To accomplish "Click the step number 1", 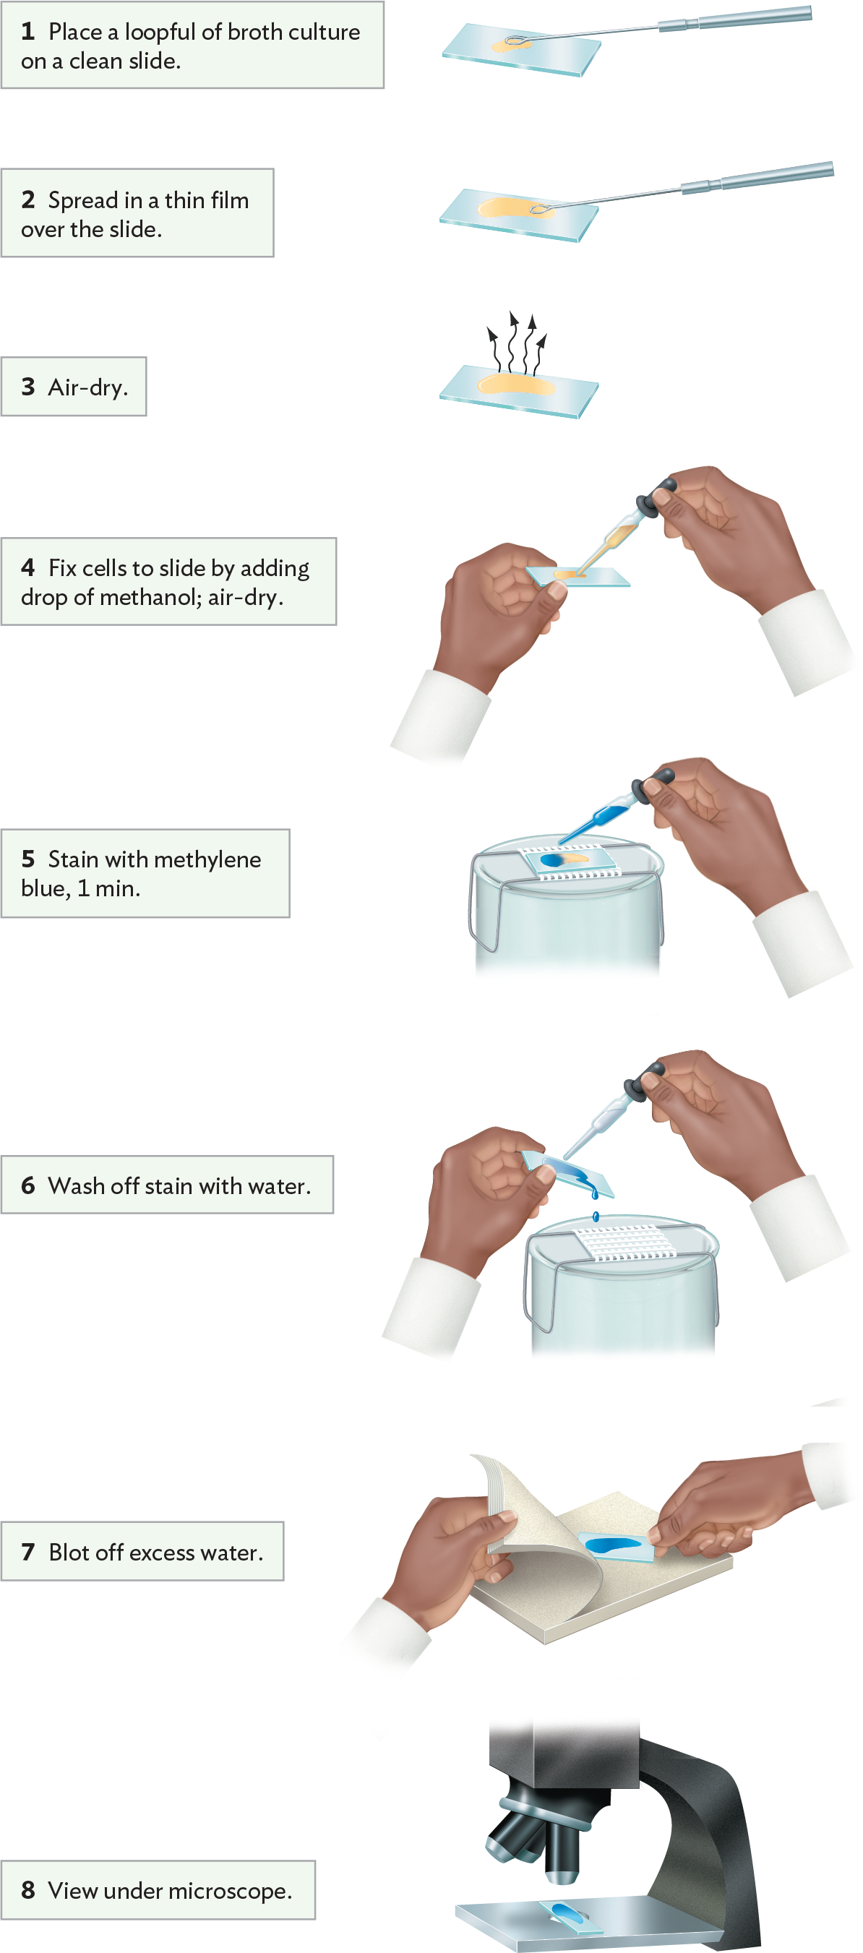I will tap(28, 32).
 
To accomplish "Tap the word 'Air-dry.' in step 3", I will tap(88, 387).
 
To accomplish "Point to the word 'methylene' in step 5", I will tap(207, 859).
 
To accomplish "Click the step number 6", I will tap(28, 1185).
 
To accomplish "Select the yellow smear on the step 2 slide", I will tap(508, 208).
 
